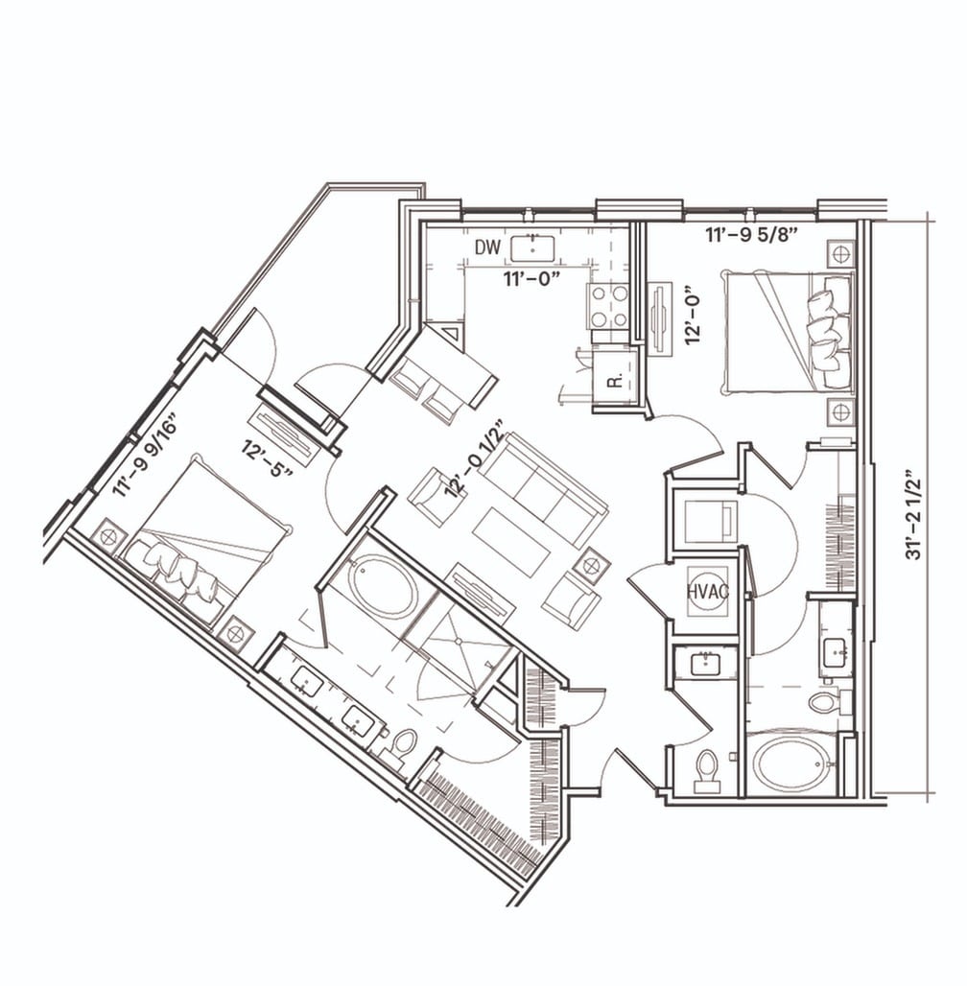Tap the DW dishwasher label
click(x=488, y=248)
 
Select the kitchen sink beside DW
click(x=533, y=247)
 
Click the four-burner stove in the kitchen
click(x=607, y=306)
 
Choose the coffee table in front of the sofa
click(x=511, y=541)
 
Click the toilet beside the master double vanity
click(x=406, y=740)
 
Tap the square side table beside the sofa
click(x=592, y=563)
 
